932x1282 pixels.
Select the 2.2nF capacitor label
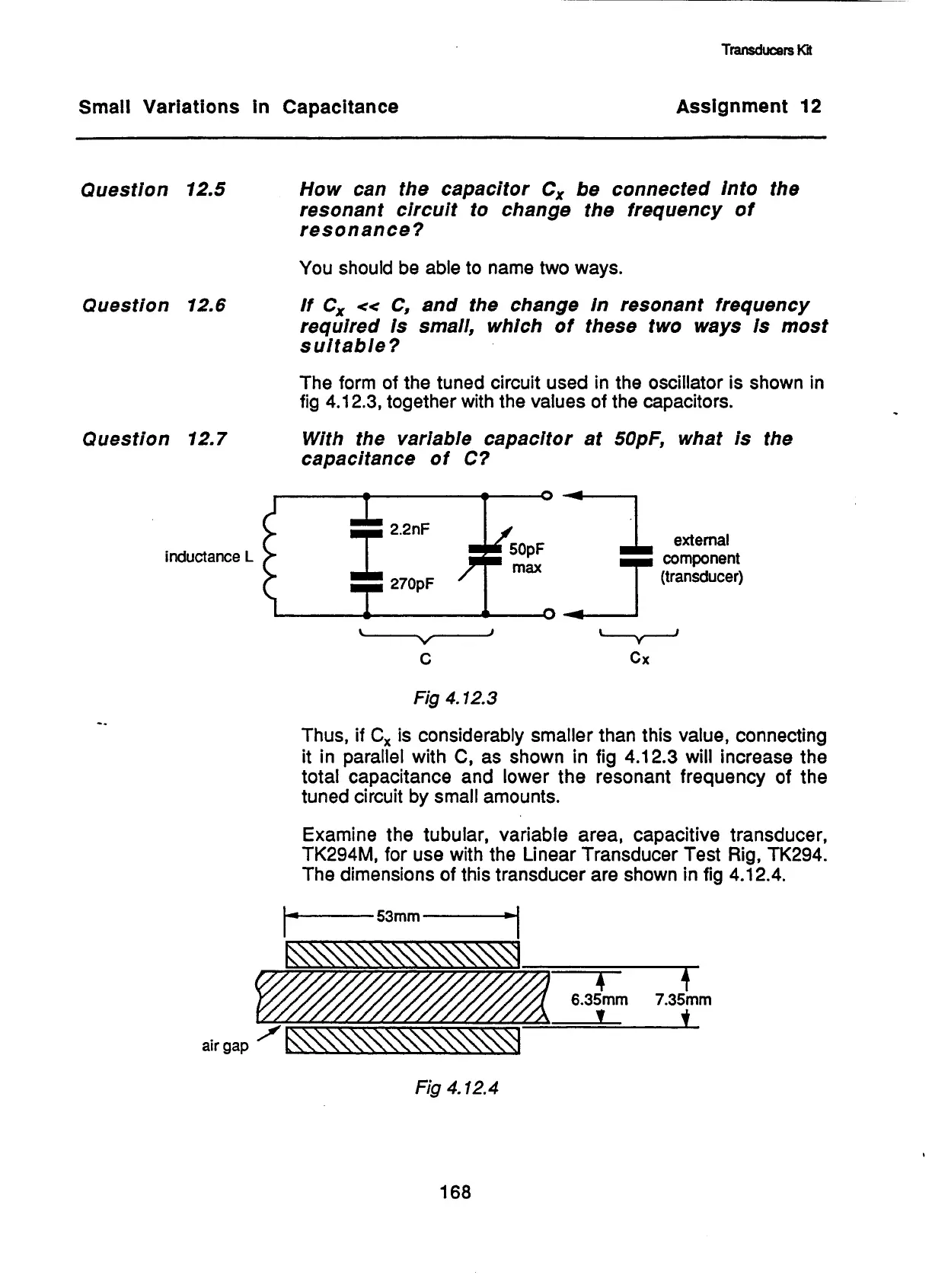[x=410, y=529]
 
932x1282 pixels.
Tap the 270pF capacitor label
[x=412, y=585]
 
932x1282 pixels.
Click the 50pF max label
[x=526, y=558]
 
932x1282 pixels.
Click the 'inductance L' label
[x=208, y=557]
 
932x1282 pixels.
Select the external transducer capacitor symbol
[x=636, y=556]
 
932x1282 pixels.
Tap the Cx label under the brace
[x=640, y=659]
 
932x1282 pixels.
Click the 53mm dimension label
[x=398, y=916]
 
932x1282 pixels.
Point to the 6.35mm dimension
[x=599, y=999]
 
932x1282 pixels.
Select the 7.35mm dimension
[x=683, y=999]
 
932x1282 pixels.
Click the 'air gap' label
[x=225, y=1046]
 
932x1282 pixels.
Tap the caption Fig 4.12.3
[x=455, y=698]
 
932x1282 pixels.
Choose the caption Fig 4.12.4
[x=456, y=1088]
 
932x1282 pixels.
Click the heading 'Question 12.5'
[x=152, y=190]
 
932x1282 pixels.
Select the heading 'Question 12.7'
[x=153, y=440]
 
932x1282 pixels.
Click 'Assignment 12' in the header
[x=748, y=107]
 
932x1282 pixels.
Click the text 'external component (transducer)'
[x=701, y=558]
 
